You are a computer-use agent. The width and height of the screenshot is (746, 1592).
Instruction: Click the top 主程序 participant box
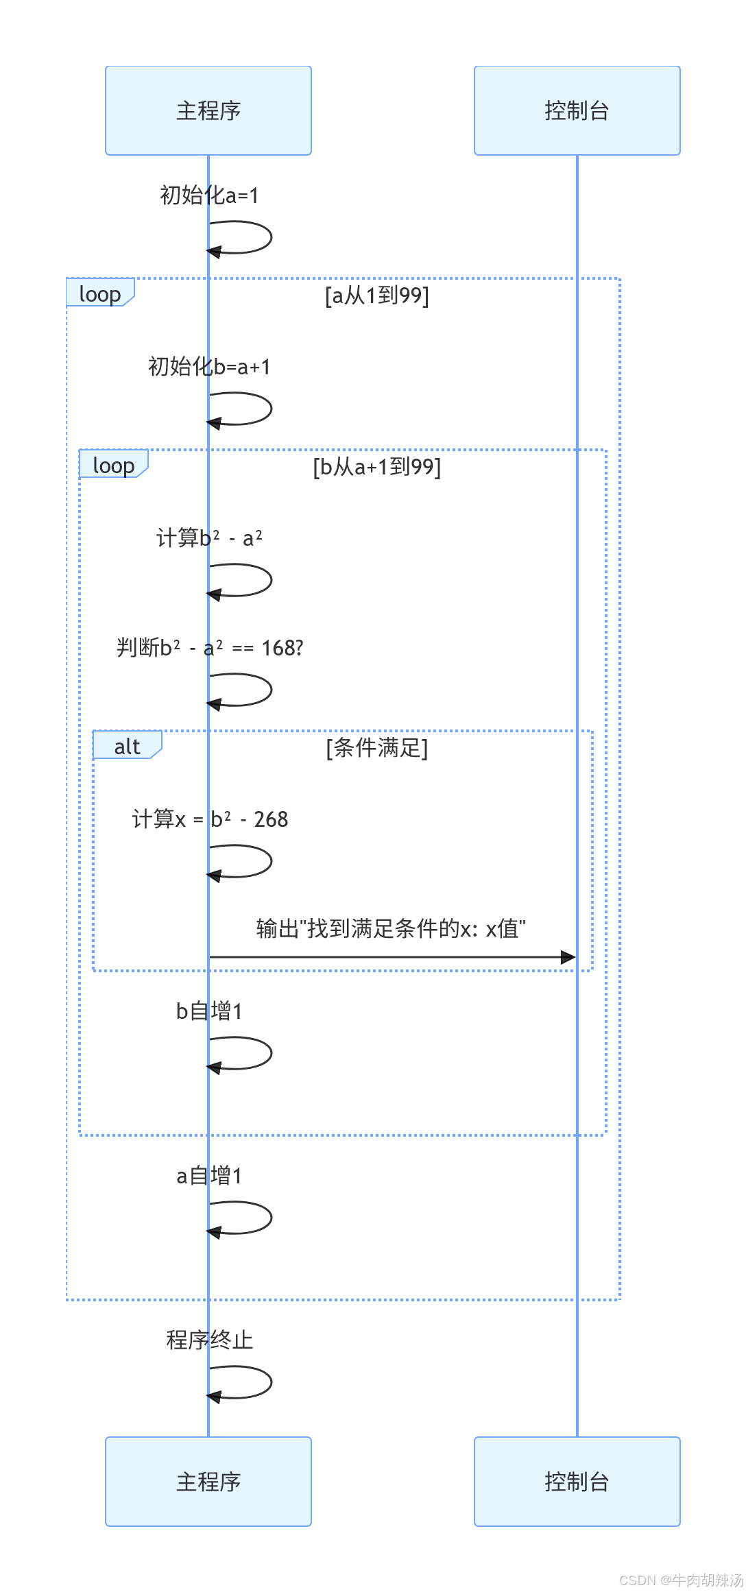coord(208,110)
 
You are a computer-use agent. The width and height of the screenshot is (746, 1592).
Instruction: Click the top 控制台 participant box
coord(577,110)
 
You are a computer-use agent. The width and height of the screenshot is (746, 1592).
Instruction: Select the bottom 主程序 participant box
coord(208,1482)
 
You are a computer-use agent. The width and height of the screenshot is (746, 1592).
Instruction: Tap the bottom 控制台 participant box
coord(577,1482)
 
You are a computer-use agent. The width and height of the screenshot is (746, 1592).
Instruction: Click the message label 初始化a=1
coord(209,195)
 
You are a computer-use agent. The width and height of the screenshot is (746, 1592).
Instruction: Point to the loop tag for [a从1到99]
coord(99,293)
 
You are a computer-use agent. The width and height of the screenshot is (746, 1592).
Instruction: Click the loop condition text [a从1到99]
coord(377,296)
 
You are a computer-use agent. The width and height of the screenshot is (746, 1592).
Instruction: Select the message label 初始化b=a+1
coord(209,367)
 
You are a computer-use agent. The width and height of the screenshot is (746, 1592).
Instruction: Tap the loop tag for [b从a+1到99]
coord(113,465)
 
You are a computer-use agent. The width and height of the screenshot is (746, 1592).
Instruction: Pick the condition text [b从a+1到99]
coord(377,467)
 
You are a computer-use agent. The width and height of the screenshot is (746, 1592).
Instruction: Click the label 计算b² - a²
coord(209,538)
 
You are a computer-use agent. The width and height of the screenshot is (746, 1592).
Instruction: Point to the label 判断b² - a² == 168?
coord(209,648)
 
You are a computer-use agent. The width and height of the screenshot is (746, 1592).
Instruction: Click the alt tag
coord(127,746)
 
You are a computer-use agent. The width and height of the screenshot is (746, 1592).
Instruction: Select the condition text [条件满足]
coord(377,748)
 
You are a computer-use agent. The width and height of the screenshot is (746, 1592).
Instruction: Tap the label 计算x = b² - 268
coord(209,819)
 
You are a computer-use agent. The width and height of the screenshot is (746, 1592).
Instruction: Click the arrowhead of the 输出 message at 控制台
coord(568,957)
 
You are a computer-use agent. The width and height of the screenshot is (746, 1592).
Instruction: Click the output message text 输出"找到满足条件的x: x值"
coord(391,929)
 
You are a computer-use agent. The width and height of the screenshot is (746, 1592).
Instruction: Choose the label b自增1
coord(209,1011)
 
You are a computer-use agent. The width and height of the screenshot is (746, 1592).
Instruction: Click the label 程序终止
coord(209,1340)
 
